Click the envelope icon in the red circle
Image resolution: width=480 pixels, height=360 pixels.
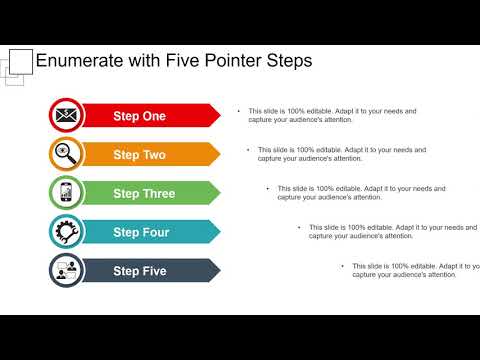(67, 116)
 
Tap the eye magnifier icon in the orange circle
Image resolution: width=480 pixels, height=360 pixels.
(67, 154)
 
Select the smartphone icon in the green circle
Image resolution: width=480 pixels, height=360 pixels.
(67, 193)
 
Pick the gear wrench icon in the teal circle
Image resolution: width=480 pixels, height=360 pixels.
(67, 232)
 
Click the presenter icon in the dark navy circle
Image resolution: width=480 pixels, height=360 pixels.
(67, 270)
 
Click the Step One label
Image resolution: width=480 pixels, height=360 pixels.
(139, 116)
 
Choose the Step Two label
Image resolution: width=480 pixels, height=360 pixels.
(139, 155)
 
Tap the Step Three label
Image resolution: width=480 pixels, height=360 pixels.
(144, 193)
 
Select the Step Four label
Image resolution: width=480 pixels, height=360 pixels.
(141, 232)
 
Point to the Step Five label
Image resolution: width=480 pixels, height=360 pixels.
(140, 271)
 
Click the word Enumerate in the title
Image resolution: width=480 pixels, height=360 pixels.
(80, 62)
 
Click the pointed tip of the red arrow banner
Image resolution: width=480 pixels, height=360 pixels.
(219, 116)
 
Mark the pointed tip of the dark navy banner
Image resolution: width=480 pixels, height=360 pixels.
(219, 271)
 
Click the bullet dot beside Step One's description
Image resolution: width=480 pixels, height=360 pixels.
(237, 112)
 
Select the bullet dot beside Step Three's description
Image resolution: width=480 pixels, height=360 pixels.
(267, 188)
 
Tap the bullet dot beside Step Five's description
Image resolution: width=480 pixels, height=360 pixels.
(342, 266)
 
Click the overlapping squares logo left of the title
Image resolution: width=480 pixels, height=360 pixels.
(17, 64)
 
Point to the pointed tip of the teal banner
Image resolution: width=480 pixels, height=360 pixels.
(219, 232)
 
